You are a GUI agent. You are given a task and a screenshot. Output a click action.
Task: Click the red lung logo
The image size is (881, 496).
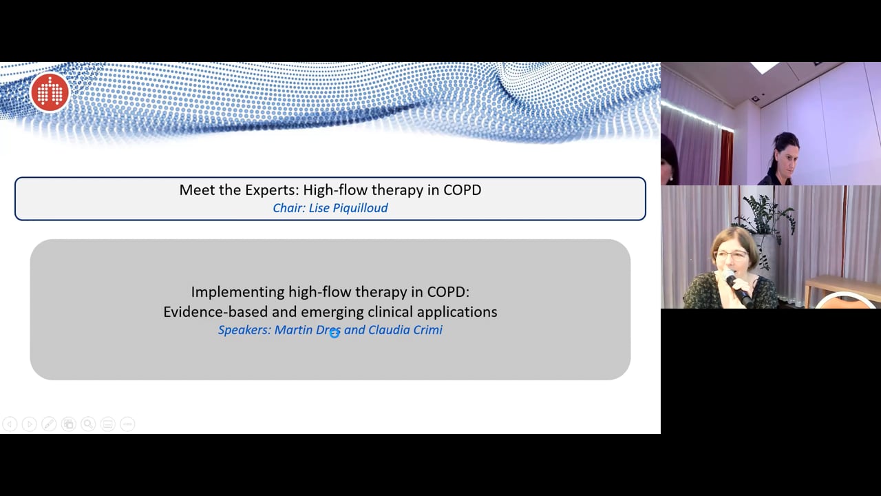[x=50, y=92]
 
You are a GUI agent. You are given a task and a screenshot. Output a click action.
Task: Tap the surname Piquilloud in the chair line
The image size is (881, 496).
[x=360, y=208]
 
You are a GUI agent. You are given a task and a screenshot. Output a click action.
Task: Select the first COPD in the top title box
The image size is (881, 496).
[x=463, y=189]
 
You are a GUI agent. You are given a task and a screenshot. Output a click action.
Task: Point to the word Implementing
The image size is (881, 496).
[x=238, y=293]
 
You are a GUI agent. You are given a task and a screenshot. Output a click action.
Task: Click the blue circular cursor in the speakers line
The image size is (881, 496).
[x=335, y=333]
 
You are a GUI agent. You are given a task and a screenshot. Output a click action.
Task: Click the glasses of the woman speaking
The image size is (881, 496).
[x=732, y=255]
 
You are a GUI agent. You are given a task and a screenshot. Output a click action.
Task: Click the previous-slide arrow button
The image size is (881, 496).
[x=10, y=424]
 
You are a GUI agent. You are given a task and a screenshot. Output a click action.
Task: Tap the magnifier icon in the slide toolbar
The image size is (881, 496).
[x=88, y=424]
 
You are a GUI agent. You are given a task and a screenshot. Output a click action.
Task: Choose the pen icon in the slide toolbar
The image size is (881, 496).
[x=49, y=424]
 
